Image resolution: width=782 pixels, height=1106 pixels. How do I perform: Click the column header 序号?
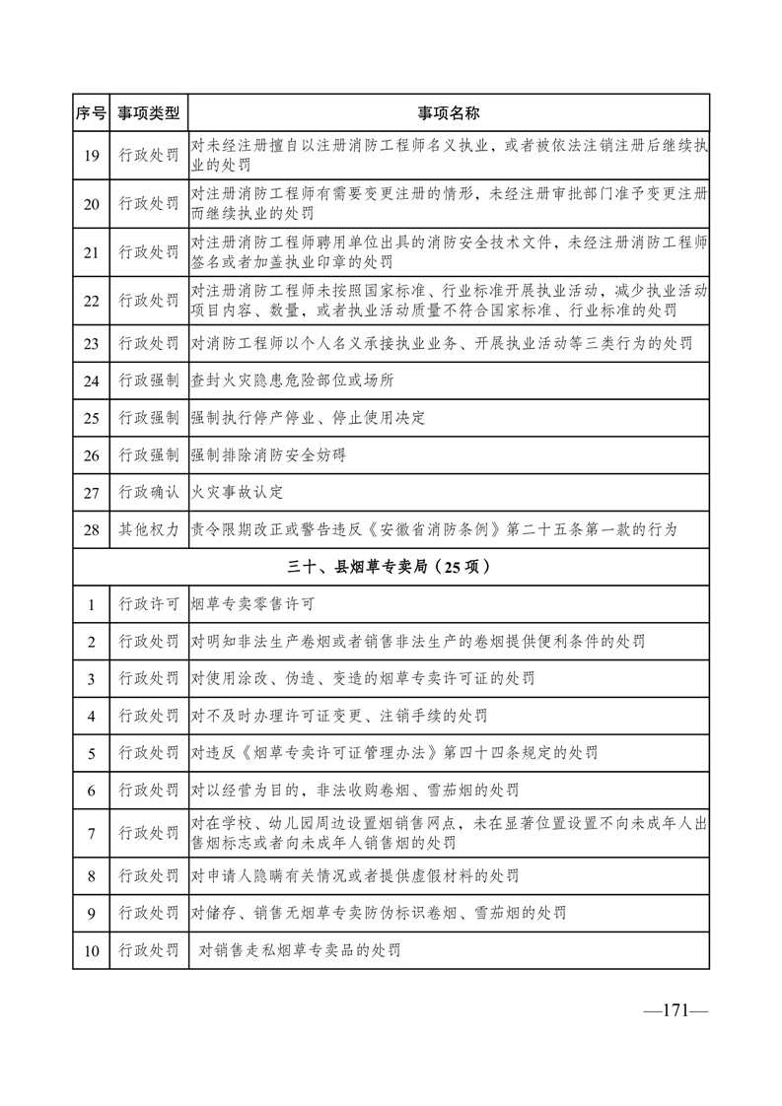point(91,113)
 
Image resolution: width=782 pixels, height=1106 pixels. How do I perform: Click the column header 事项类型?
point(149,113)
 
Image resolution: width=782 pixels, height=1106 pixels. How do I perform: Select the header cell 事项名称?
point(449,113)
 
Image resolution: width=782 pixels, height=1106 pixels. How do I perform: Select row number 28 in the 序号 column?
point(91,529)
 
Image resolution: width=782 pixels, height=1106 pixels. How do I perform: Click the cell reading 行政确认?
point(149,492)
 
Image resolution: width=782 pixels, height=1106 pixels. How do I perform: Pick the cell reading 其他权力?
point(149,529)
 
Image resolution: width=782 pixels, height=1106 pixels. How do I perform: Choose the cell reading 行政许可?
point(149,604)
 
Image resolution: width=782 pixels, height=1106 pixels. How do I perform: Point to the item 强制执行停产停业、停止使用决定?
point(308,418)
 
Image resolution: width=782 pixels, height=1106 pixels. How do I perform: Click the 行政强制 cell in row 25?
point(149,418)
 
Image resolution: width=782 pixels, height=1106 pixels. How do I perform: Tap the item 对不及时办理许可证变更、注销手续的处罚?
point(339,716)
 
